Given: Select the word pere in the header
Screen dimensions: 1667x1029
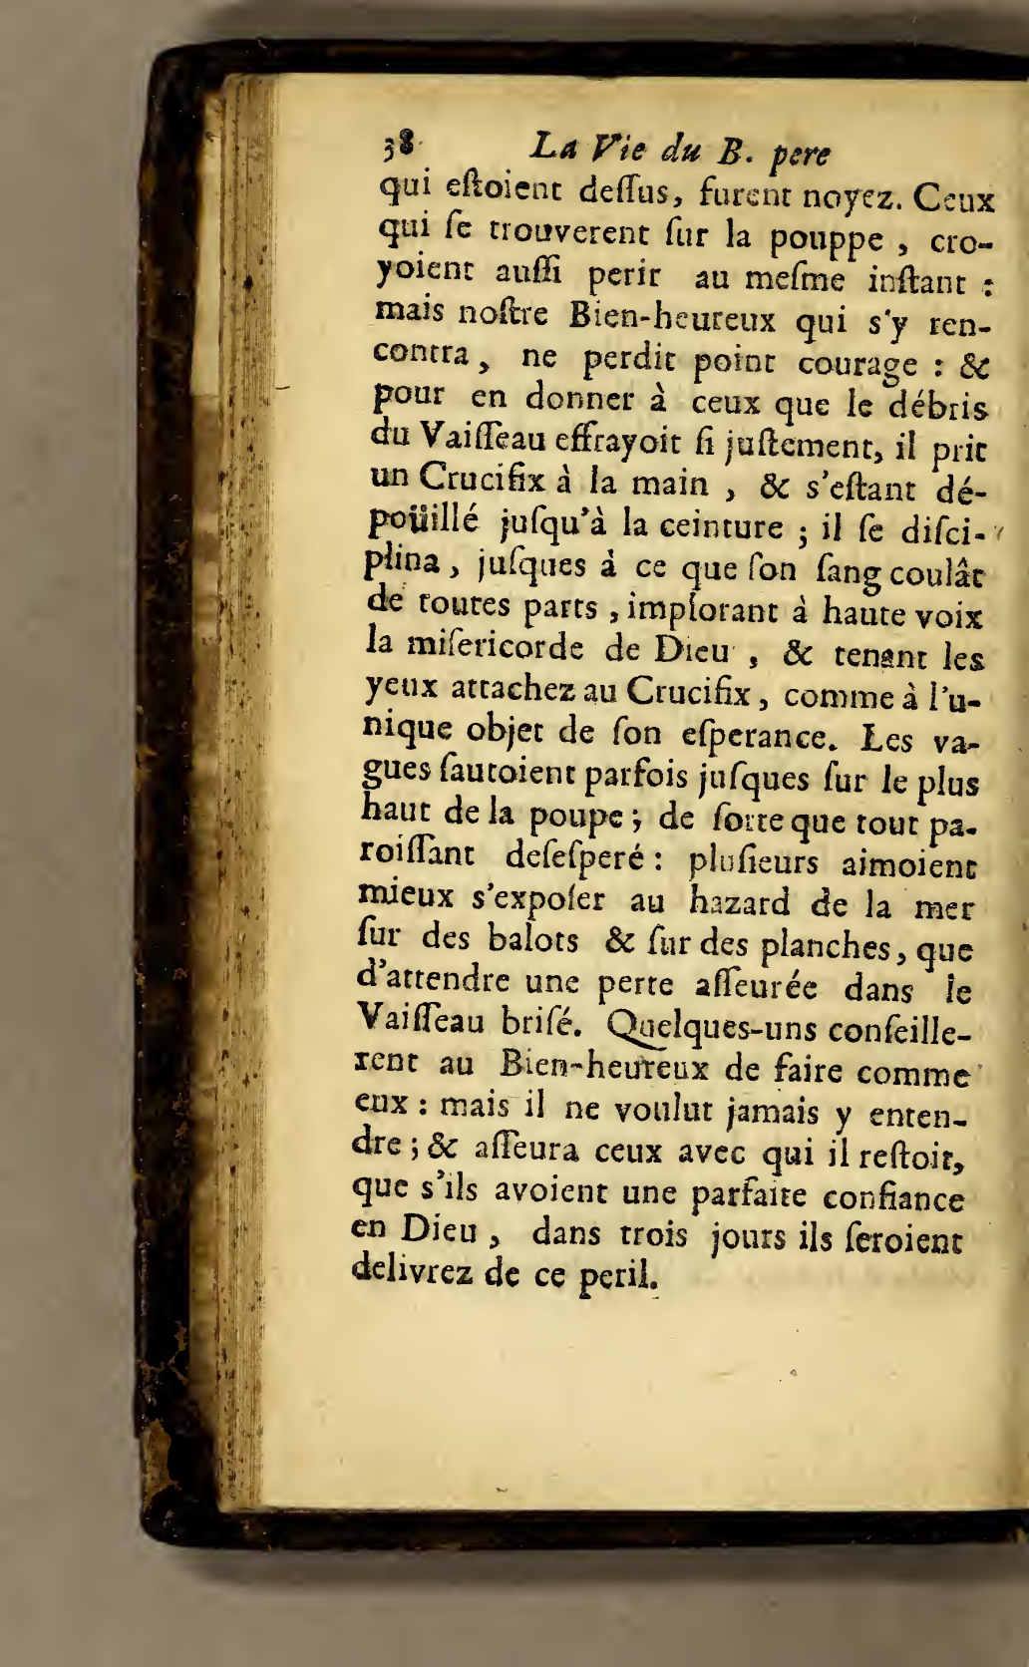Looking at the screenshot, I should point(802,156).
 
